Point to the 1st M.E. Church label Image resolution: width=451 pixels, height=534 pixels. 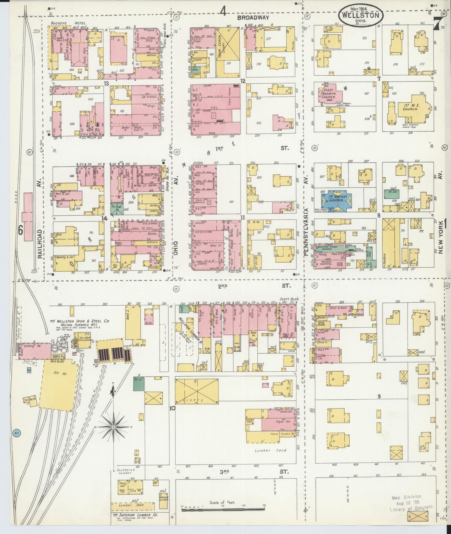[410, 107]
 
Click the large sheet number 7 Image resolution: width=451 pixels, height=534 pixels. [437, 23]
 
